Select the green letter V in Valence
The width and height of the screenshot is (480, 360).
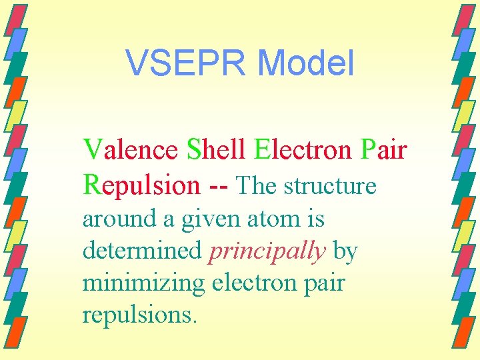click(x=91, y=150)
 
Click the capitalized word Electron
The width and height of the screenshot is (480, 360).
click(x=303, y=150)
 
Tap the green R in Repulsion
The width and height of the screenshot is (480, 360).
click(x=91, y=185)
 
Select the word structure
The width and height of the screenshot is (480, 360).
click(x=330, y=185)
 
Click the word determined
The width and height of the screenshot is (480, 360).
click(x=142, y=251)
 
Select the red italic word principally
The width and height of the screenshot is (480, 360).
click(x=267, y=252)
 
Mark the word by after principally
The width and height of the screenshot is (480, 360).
click(x=345, y=252)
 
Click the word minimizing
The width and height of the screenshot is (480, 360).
click(x=144, y=283)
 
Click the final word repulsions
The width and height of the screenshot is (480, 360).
click(x=139, y=314)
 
